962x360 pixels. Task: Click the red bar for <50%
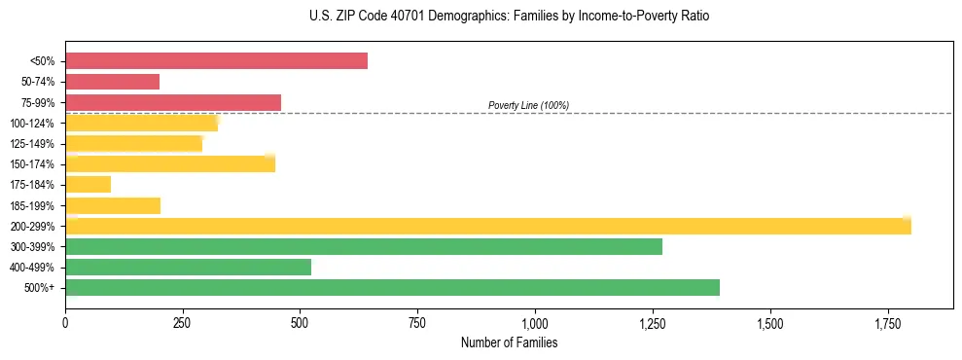click(216, 61)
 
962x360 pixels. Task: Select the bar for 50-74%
click(112, 82)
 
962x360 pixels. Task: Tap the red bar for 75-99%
click(173, 102)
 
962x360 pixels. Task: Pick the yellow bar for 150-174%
click(170, 163)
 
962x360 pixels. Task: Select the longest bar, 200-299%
click(487, 226)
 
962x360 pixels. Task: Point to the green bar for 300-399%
click(363, 246)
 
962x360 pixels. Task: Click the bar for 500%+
click(392, 287)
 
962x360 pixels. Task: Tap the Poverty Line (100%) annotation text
click(528, 105)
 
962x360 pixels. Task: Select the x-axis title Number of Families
click(509, 342)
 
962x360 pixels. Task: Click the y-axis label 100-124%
click(32, 124)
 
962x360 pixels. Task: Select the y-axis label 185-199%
click(32, 205)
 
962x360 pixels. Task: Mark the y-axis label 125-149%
click(32, 144)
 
